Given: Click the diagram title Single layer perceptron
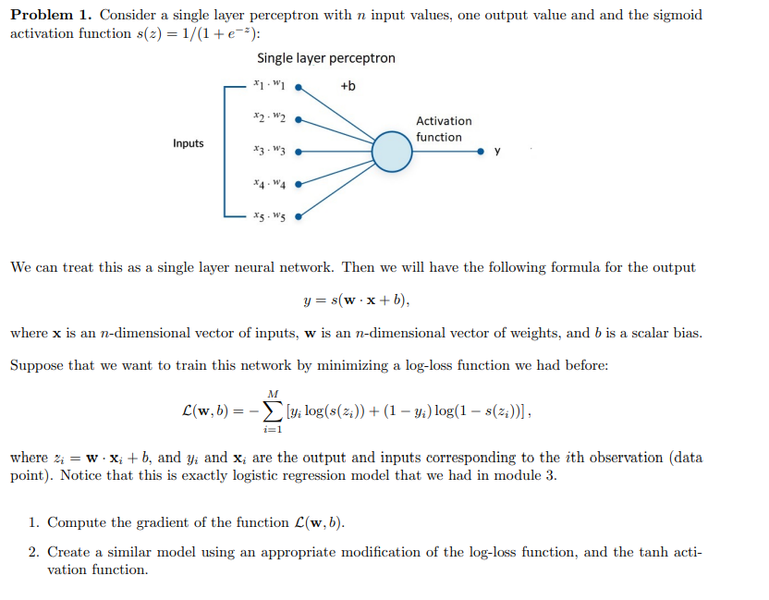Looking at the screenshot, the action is (x=325, y=58).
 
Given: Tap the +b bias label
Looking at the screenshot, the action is (x=348, y=87).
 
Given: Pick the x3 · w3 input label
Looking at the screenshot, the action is (x=268, y=151).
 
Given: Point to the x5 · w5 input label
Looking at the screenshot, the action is (x=268, y=216).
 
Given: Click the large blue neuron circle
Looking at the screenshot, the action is (x=392, y=151).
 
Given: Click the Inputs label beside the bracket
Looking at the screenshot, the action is (x=188, y=143).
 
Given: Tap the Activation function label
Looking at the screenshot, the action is (x=443, y=129).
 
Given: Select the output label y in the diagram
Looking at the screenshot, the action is (x=498, y=152).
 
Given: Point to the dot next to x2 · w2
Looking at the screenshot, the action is (x=298, y=119).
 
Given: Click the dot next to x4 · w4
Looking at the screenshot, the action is (x=298, y=184).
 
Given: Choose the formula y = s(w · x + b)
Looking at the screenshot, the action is (x=356, y=300).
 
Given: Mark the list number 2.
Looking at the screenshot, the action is (x=32, y=552).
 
